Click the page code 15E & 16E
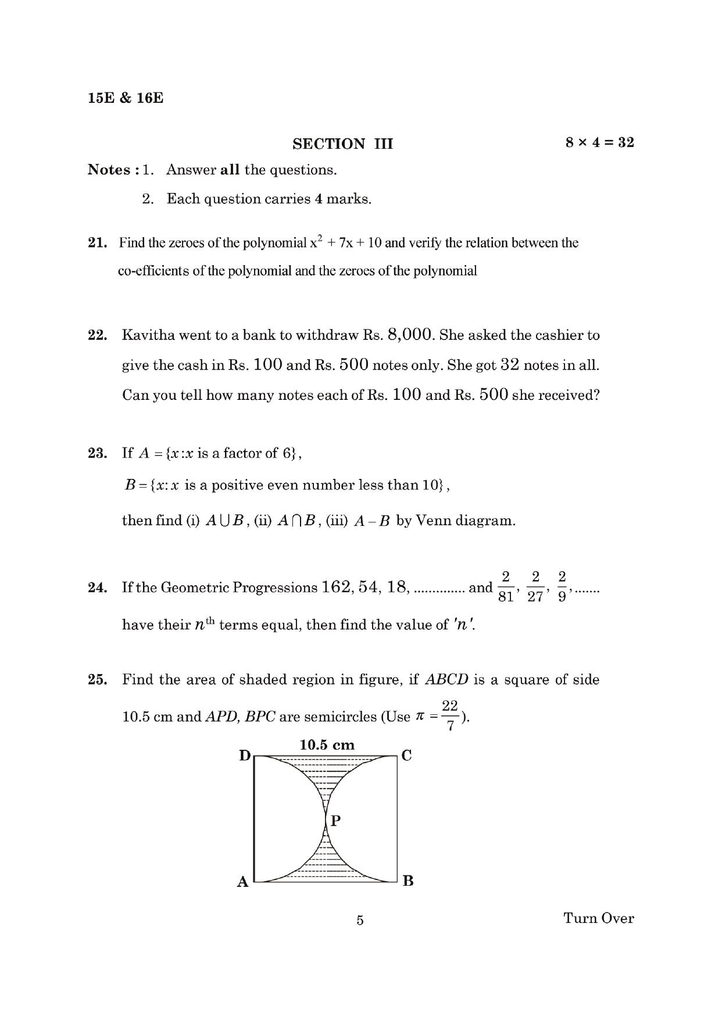click(126, 98)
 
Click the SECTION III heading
click(342, 144)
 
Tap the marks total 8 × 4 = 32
click(599, 142)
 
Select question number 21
click(97, 243)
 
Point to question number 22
click(97, 335)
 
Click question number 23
click(97, 453)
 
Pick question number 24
click(97, 588)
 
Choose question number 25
click(97, 680)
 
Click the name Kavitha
click(148, 335)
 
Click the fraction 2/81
click(506, 587)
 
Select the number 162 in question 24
click(335, 587)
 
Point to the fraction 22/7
click(450, 715)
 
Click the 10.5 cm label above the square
click(327, 745)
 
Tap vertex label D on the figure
click(245, 756)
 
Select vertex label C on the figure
click(407, 756)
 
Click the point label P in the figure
click(335, 821)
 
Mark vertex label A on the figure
click(243, 882)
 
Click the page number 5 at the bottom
click(360, 920)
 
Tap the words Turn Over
click(598, 918)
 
